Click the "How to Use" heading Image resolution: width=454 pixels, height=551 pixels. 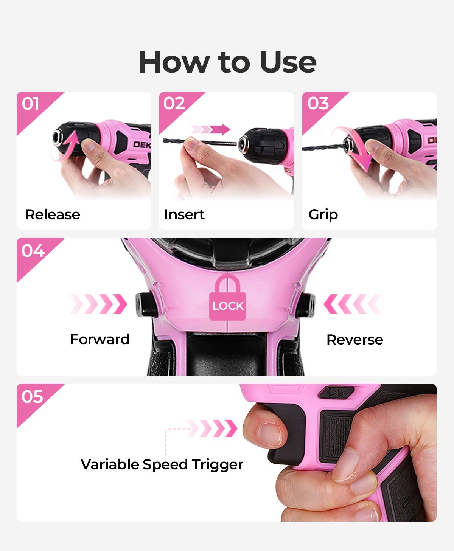tap(227, 62)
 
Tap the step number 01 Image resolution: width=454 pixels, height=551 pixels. tap(30, 104)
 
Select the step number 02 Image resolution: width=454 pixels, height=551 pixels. tap(174, 103)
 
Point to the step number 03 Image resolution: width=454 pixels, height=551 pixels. tap(318, 103)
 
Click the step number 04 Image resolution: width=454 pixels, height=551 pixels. tap(33, 250)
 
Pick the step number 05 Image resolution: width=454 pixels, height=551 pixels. tap(32, 396)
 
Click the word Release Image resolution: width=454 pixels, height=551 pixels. tap(53, 214)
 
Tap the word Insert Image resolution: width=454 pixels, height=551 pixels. tap(184, 214)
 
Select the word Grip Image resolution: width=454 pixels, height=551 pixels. tap(323, 215)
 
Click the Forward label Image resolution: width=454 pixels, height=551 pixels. tap(100, 339)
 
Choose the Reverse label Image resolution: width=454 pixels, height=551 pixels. tap(355, 340)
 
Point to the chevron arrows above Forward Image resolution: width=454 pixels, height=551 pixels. tap(98, 304)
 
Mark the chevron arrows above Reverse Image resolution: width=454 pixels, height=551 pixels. tap(352, 304)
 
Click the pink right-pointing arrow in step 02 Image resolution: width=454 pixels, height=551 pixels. tap(211, 130)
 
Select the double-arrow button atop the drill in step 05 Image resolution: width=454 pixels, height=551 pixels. tap(336, 393)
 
